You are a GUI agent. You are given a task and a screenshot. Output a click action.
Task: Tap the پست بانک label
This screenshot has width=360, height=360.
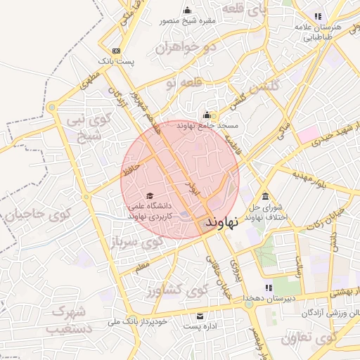(116, 62)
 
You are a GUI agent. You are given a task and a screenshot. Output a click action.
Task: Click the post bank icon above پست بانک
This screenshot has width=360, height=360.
(116, 51)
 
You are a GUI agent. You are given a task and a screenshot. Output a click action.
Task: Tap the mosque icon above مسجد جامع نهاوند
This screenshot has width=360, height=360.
(207, 115)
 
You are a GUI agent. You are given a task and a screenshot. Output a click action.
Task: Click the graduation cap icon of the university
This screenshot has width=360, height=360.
(149, 195)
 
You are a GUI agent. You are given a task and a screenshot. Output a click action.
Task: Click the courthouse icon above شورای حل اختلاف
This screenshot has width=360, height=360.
(265, 196)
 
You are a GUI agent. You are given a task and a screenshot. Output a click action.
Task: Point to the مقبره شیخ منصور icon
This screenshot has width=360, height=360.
(187, 10)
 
